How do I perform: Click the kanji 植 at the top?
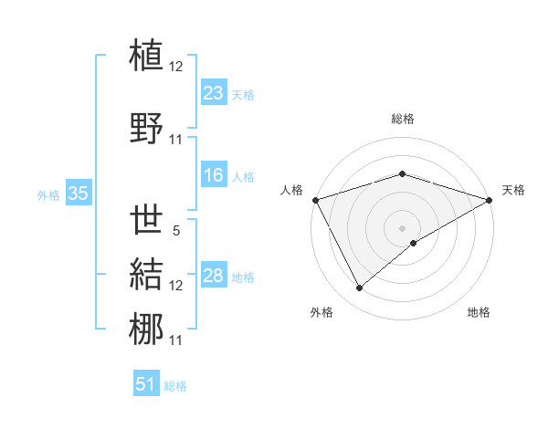148,56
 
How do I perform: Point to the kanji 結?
148,275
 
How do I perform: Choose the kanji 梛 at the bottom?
148,330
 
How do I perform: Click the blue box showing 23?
213,93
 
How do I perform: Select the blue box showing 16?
213,176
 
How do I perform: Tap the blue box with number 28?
213,277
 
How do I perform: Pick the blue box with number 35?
78,194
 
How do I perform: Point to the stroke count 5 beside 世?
175,232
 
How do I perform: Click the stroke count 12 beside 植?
176,67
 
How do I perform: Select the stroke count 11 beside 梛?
176,340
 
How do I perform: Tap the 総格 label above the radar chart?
403,119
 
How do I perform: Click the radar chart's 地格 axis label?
479,312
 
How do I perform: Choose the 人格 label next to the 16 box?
243,177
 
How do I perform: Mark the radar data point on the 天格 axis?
490,200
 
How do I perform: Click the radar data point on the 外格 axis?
359,288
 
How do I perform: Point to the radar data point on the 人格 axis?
315,200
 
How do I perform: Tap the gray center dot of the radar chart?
403,227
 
